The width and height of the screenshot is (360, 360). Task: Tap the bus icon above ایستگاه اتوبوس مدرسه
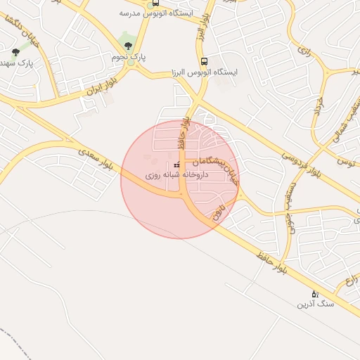(155, 2)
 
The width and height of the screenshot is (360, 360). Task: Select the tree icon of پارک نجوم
(127, 46)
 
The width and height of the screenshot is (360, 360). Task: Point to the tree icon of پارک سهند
(15, 52)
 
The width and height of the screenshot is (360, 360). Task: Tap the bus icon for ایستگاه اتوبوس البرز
(204, 61)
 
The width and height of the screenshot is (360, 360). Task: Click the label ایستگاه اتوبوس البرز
(204, 72)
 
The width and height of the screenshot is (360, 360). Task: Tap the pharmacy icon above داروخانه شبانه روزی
(176, 165)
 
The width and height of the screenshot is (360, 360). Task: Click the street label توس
(345, 162)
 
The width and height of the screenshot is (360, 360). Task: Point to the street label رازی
(304, 51)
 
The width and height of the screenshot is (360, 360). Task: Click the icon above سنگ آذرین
(314, 293)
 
